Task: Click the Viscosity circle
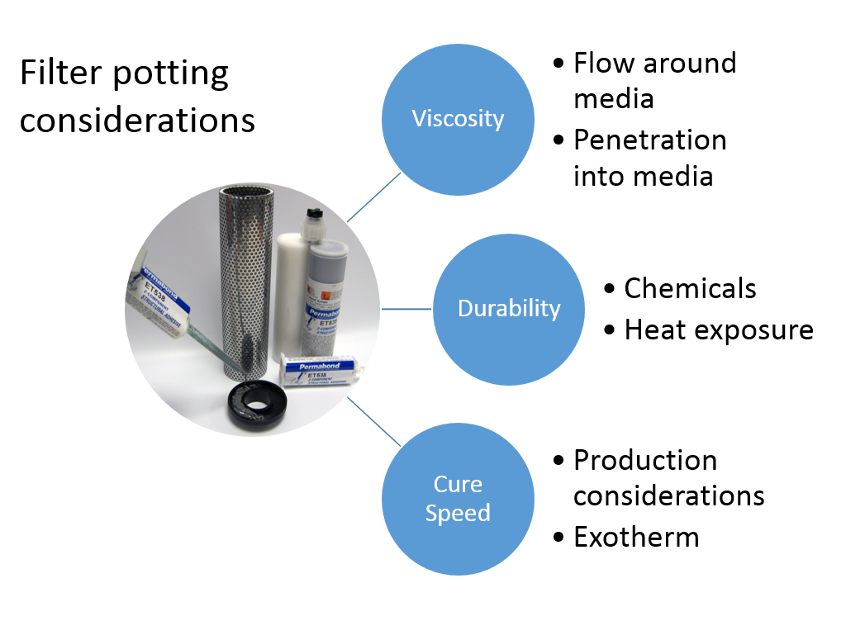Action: click(x=458, y=119)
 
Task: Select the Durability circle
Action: click(x=509, y=309)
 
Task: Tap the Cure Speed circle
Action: click(x=458, y=498)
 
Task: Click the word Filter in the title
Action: click(x=55, y=74)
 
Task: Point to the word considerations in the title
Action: click(x=138, y=120)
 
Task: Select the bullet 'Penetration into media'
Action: click(x=649, y=157)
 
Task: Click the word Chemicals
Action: click(x=690, y=288)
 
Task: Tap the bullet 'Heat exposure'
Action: click(x=719, y=329)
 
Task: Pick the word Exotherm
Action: click(x=636, y=538)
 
